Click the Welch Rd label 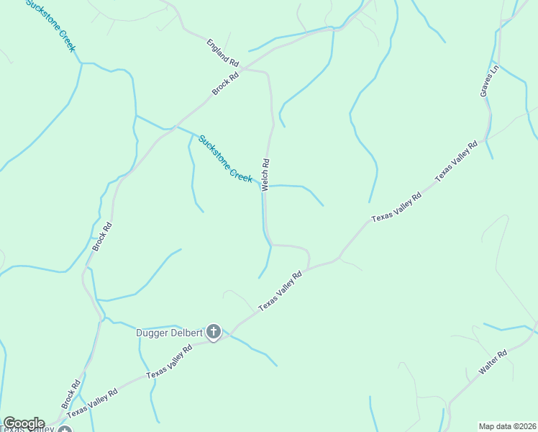click(265, 174)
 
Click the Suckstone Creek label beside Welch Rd click(225, 158)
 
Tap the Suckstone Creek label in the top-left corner click(50, 26)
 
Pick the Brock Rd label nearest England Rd click(225, 84)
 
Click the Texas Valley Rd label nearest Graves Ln click(456, 161)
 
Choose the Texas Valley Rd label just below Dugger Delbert click(169, 361)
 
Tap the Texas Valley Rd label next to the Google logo click(91, 404)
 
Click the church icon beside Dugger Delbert click(213, 332)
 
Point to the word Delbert click(186, 333)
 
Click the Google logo click(24, 423)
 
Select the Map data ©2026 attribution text click(507, 426)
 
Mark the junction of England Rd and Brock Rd click(243, 69)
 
